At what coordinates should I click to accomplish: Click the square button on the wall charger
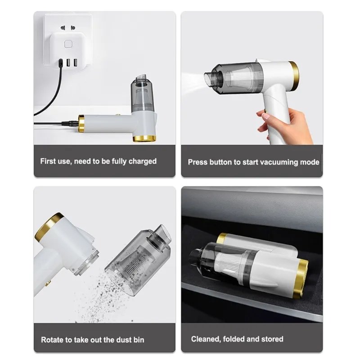pos(68,44)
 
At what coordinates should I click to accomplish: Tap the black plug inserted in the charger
pos(61,63)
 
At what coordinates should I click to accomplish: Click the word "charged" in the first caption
pos(142,162)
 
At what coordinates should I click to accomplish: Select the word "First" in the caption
pos(48,161)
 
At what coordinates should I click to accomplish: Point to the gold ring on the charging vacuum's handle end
pos(81,123)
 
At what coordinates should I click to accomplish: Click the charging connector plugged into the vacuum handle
pos(70,123)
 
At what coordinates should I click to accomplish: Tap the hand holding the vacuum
pos(285,125)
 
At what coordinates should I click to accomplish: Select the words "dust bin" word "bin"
pos(139,340)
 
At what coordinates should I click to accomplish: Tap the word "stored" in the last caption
pos(272,339)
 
